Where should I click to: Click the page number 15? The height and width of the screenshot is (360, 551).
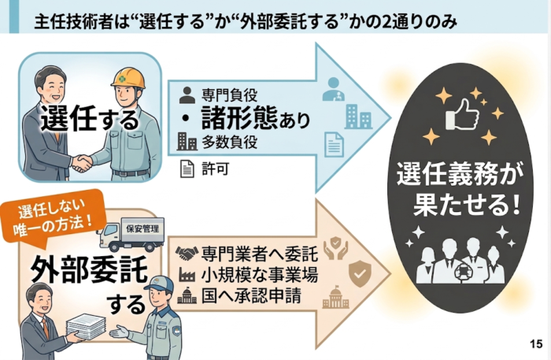click(x=537, y=343)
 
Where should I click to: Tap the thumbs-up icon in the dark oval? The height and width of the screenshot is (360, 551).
click(x=462, y=114)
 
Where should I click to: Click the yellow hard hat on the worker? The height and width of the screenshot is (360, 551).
click(x=128, y=78)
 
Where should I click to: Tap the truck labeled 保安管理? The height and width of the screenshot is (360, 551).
click(x=131, y=234)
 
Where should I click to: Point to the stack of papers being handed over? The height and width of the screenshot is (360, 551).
click(x=87, y=326)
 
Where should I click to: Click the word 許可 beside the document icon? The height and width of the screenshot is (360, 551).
click(x=216, y=169)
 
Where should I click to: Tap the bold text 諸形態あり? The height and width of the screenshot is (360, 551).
click(x=256, y=118)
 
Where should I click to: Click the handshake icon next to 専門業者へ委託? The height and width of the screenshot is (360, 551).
click(x=187, y=253)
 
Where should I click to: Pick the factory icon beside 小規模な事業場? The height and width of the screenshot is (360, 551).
click(x=187, y=275)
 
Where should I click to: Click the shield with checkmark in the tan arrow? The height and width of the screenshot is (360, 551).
click(x=360, y=273)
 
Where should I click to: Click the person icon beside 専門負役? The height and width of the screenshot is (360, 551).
click(x=187, y=95)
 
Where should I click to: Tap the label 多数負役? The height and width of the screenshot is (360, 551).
click(x=230, y=142)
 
